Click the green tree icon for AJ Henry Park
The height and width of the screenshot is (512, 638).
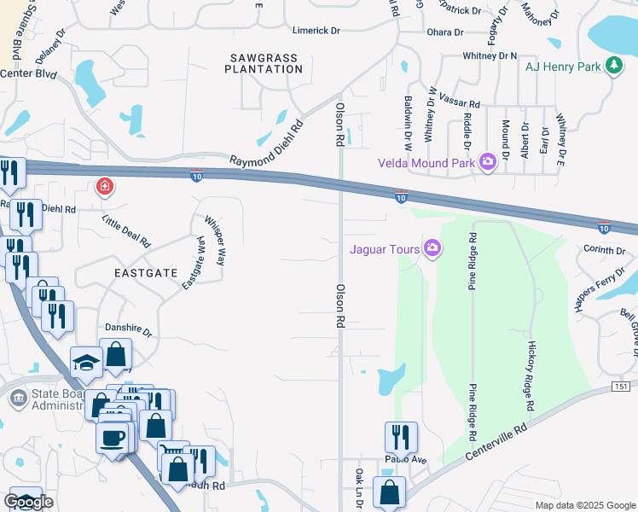(612, 66)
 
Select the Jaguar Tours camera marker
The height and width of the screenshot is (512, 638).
(432, 248)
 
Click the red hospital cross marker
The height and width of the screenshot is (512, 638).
(105, 186)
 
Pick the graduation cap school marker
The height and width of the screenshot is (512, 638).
(86, 364)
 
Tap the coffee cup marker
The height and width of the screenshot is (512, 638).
(113, 439)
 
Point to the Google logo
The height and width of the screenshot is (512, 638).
(28, 502)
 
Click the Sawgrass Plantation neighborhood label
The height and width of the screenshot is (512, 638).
(264, 63)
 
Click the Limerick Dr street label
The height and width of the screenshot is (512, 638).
(316, 31)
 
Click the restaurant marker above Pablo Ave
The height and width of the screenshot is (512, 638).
(401, 437)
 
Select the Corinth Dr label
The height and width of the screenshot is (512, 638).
(605, 250)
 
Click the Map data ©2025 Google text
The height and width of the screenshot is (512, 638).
(584, 505)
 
